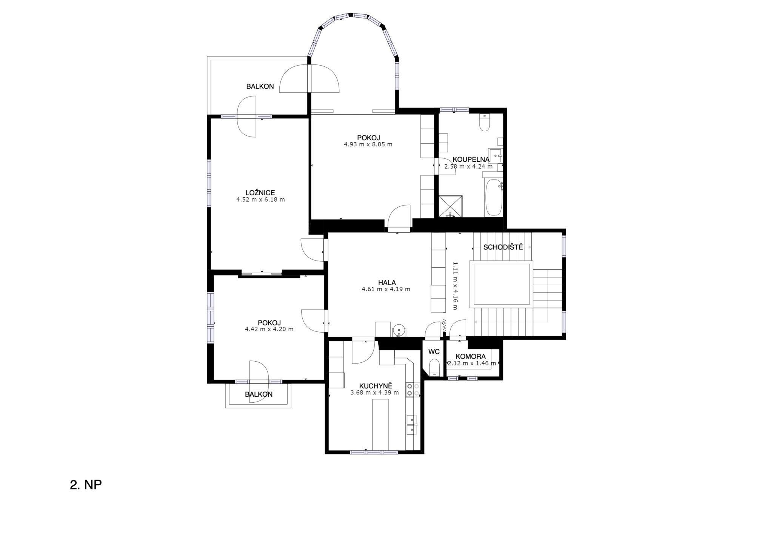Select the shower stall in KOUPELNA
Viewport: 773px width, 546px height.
coord(450,206)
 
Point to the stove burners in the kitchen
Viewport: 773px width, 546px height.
coord(413,390)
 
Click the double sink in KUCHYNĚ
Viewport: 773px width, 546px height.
coord(411,425)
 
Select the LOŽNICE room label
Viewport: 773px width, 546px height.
coord(260,193)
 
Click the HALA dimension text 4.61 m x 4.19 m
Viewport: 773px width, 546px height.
coord(386,289)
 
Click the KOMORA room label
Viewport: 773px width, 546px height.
coord(471,356)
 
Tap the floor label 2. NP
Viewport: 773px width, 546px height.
coord(86,485)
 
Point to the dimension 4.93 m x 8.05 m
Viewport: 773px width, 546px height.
coord(368,144)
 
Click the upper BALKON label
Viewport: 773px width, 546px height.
coord(260,86)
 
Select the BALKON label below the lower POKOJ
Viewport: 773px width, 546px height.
coord(259,394)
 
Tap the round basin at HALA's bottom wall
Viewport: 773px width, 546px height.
coord(399,330)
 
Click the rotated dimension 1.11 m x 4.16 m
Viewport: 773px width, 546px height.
coord(455,285)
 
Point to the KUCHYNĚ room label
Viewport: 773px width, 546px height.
coord(376,386)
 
